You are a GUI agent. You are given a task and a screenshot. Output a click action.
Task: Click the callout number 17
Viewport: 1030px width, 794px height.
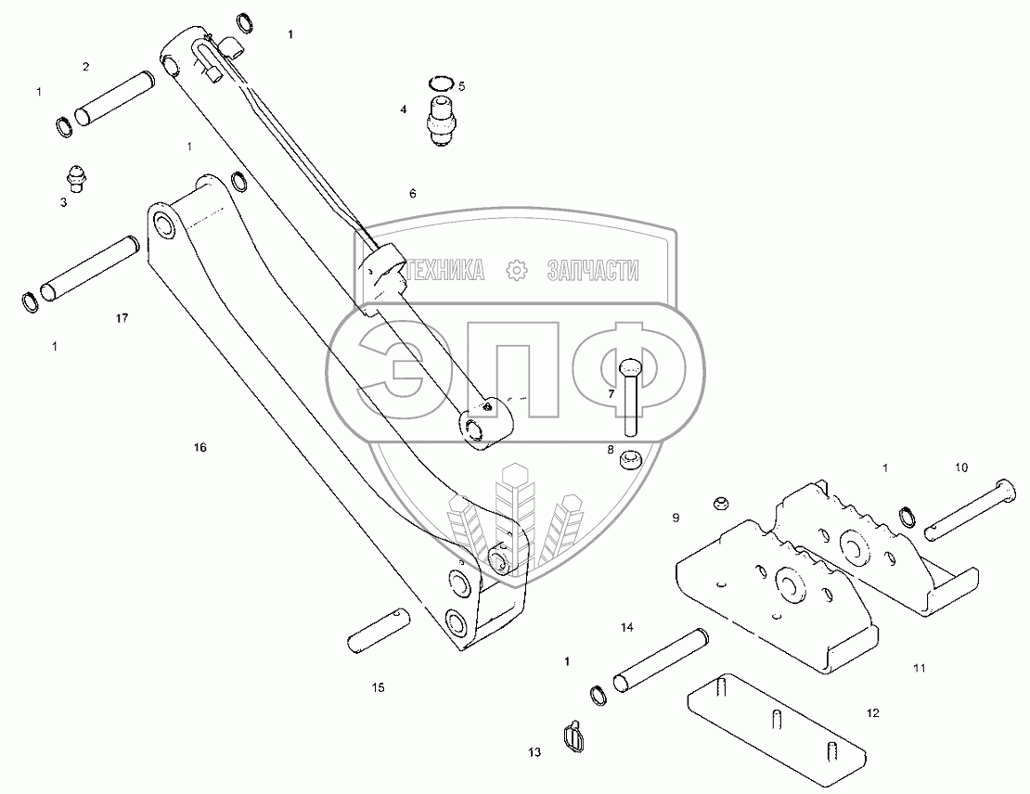coord(122,318)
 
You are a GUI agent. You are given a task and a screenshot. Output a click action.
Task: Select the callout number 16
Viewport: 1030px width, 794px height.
coord(200,447)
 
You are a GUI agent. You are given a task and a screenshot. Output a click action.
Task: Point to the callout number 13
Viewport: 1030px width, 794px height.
coord(534,752)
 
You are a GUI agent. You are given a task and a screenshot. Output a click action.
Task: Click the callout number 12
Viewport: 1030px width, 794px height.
coord(871,713)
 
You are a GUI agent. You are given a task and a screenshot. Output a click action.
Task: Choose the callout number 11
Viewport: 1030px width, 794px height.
coord(919,668)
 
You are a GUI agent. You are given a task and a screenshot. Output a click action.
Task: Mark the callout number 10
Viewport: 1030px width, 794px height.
coord(960,467)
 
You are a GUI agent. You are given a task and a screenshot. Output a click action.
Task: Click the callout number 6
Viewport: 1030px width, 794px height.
coord(412,194)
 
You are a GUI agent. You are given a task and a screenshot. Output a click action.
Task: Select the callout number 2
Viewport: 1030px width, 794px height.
coord(85,66)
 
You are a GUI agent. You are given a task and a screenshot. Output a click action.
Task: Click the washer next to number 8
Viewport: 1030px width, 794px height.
coord(633,457)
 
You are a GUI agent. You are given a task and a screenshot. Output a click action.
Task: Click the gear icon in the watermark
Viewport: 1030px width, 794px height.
coord(516,270)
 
